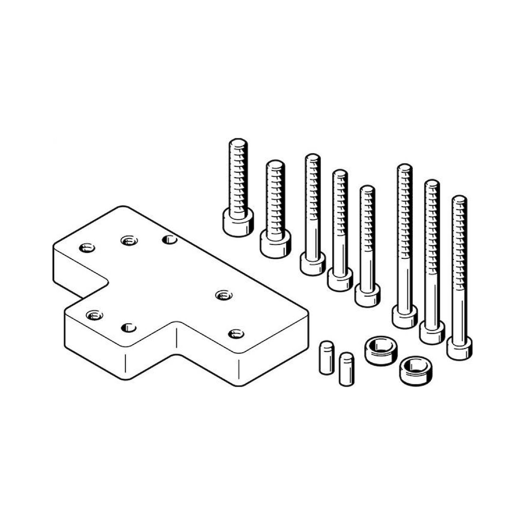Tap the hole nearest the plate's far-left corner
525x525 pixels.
[x=87, y=248]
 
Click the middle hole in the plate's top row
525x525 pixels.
[x=129, y=240]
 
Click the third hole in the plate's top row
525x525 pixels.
[x=170, y=240]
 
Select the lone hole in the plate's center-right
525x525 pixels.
[x=224, y=295]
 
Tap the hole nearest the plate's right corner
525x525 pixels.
[x=236, y=334]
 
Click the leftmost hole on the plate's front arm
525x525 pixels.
[x=94, y=316]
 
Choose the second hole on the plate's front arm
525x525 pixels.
[x=129, y=327]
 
